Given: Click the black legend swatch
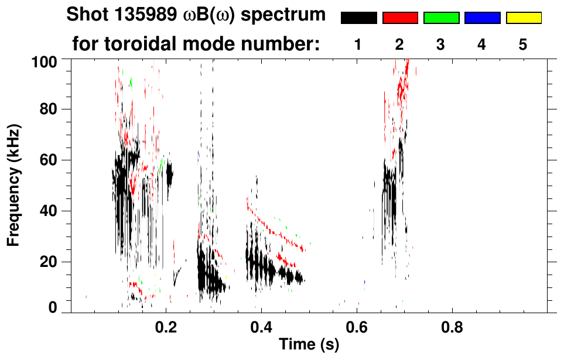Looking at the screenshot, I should click(358, 18).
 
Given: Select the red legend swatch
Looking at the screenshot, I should click(400, 18).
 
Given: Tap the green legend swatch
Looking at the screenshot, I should click(441, 18).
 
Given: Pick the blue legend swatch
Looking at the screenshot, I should click(482, 18).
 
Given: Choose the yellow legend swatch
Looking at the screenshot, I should click(524, 18).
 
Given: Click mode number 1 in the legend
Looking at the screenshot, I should click(358, 44).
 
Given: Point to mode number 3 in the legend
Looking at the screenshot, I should click(441, 44).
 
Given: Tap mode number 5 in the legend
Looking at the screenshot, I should click(523, 44).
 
